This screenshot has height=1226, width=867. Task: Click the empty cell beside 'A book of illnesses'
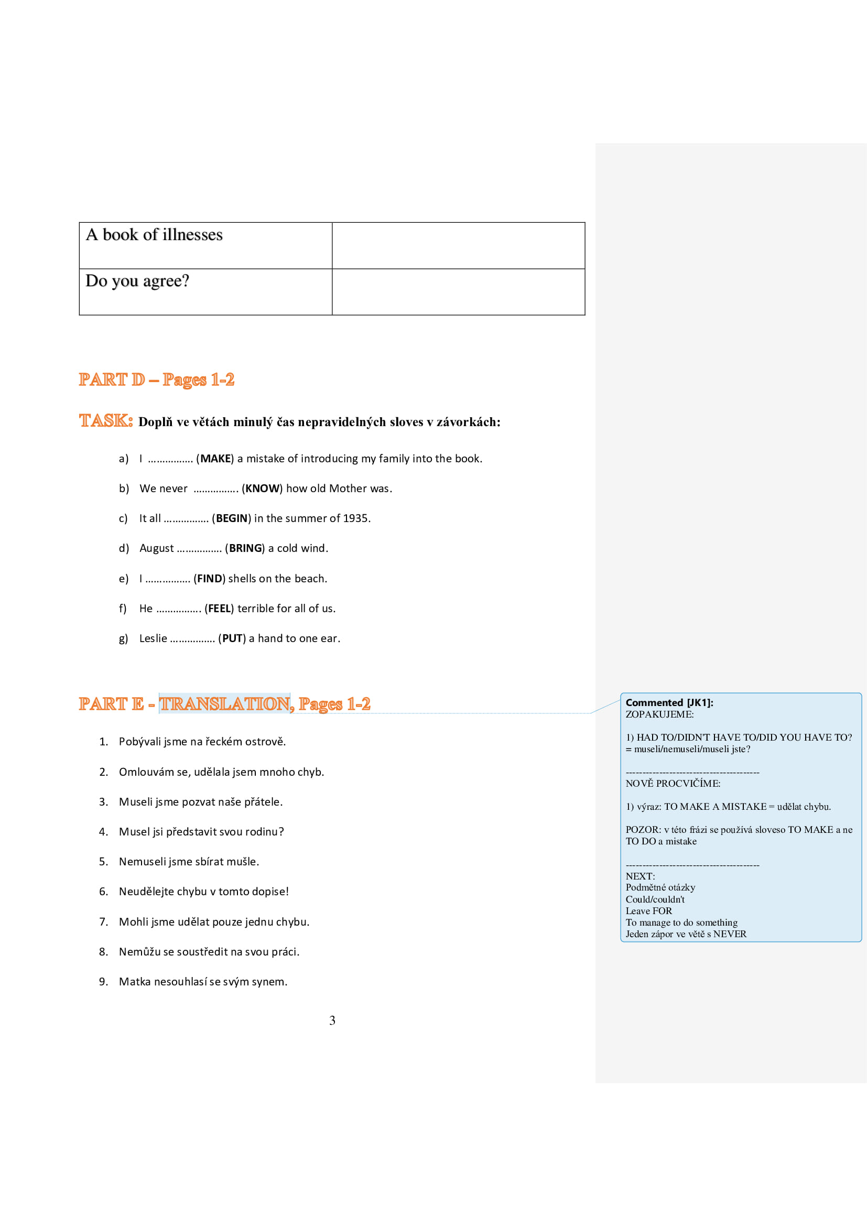tap(458, 246)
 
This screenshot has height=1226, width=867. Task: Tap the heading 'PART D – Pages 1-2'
tap(156, 379)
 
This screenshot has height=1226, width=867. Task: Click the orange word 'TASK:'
tap(106, 421)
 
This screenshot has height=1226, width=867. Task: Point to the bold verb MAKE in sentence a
tap(215, 459)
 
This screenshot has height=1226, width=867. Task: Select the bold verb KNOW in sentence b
tap(262, 489)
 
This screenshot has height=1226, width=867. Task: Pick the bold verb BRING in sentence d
tap(245, 548)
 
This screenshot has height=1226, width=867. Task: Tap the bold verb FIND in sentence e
tap(209, 579)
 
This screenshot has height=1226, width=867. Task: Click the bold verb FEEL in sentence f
tap(219, 609)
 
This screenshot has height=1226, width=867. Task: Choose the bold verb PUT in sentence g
tap(232, 638)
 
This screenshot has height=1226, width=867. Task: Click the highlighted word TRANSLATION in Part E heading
tap(225, 704)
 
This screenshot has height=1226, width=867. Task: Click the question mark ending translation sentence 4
tap(281, 832)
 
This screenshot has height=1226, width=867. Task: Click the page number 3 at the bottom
tap(332, 1021)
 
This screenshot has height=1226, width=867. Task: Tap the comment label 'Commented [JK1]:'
tap(669, 703)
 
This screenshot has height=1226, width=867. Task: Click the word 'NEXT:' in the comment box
tap(640, 876)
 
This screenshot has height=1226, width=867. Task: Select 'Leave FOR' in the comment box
tap(648, 911)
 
